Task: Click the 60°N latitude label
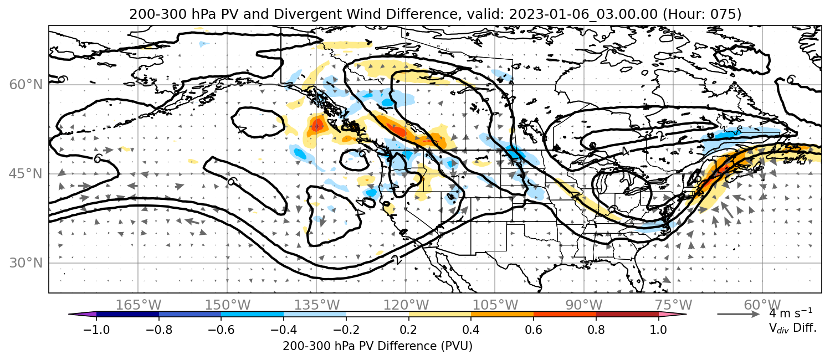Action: (26, 85)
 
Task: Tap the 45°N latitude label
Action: (26, 174)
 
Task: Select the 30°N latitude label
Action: (26, 263)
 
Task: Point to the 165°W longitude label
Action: (138, 305)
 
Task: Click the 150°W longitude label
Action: (228, 305)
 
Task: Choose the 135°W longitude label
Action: (317, 305)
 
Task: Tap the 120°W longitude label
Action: (406, 305)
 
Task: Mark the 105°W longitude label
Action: (495, 305)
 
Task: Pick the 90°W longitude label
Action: (584, 305)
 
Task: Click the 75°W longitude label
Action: (673, 305)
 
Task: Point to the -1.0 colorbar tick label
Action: (96, 330)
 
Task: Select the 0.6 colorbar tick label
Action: (534, 330)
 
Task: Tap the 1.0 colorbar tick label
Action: (658, 330)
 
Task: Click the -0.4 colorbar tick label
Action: (284, 330)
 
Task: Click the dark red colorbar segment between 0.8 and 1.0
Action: (627, 315)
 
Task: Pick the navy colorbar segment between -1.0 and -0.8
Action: (128, 315)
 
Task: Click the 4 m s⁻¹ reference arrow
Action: (739, 315)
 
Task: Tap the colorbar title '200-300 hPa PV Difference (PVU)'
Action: (377, 346)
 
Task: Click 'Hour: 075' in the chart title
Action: (702, 14)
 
